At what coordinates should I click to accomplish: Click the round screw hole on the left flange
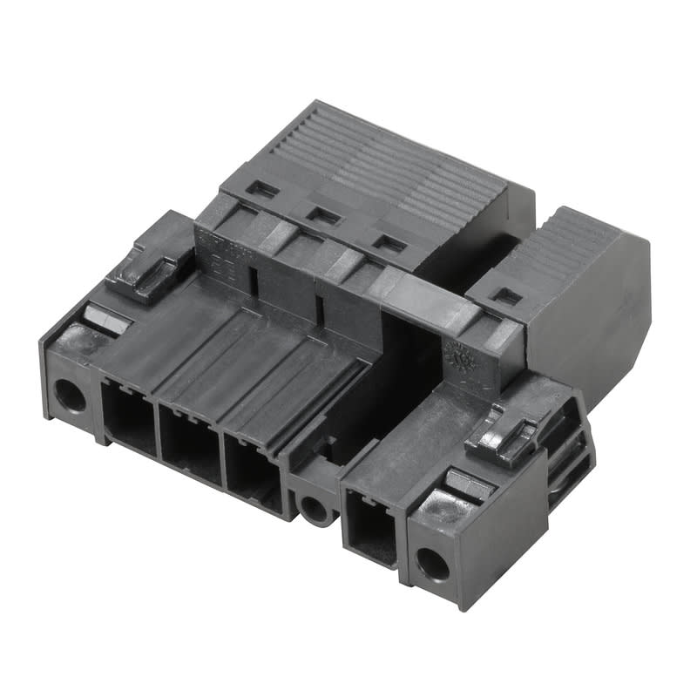pyautogui.click(x=71, y=397)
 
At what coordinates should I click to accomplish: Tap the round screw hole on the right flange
pyautogui.click(x=432, y=565)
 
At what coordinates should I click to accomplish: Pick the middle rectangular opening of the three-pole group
pyautogui.click(x=190, y=443)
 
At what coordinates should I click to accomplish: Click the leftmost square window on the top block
pyautogui.click(x=262, y=189)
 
